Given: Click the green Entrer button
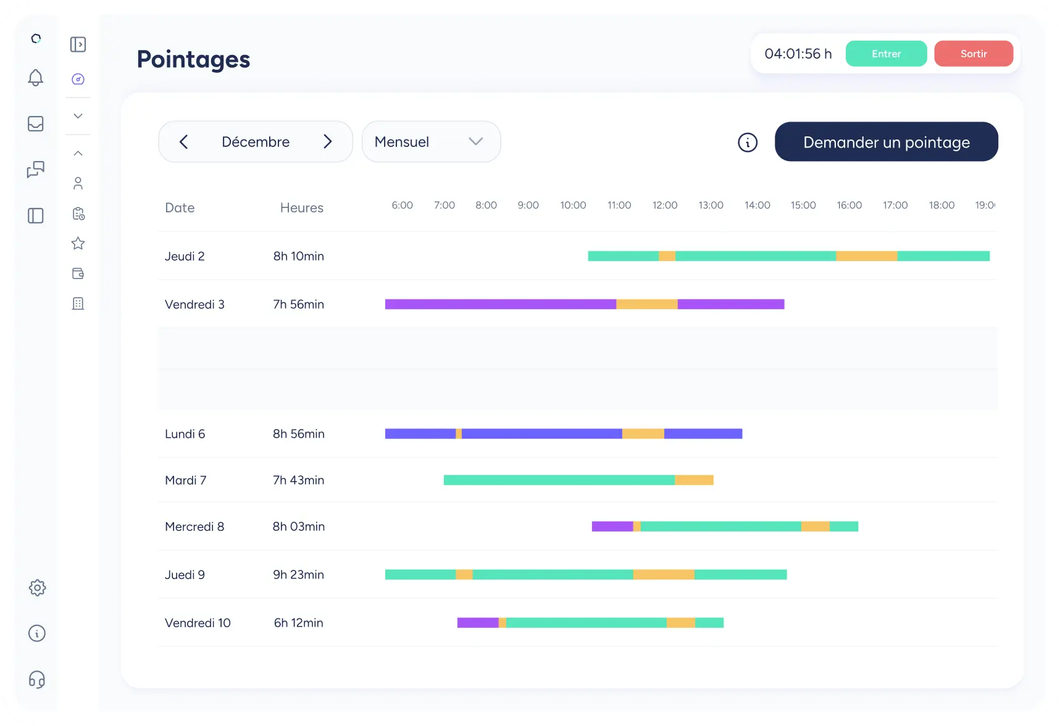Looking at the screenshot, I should [x=886, y=54].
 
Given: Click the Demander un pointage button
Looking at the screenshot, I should [x=886, y=142].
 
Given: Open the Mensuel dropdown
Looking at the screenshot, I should [x=431, y=142].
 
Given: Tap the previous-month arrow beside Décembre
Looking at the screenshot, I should [x=183, y=142].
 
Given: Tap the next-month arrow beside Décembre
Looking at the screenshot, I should [x=328, y=142].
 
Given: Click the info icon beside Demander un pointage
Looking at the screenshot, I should [x=747, y=143].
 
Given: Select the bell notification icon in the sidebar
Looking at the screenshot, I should [x=36, y=78].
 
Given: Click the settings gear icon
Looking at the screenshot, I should [x=37, y=588].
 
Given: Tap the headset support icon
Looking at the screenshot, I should [x=37, y=680].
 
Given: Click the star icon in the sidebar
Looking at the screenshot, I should [x=78, y=243].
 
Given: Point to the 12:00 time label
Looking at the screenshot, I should [x=665, y=205].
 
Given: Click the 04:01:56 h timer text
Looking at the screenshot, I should [x=798, y=54].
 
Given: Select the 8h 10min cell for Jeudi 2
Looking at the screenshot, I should [x=298, y=256].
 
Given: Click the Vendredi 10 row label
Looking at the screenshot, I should [x=198, y=623].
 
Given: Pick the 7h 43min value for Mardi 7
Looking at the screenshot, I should [x=298, y=480].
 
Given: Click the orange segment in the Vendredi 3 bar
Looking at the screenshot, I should [x=646, y=304].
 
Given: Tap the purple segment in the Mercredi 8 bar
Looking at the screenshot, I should [x=612, y=527].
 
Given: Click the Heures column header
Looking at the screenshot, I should [x=301, y=208].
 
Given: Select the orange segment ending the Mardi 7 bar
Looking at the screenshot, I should [x=694, y=480].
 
